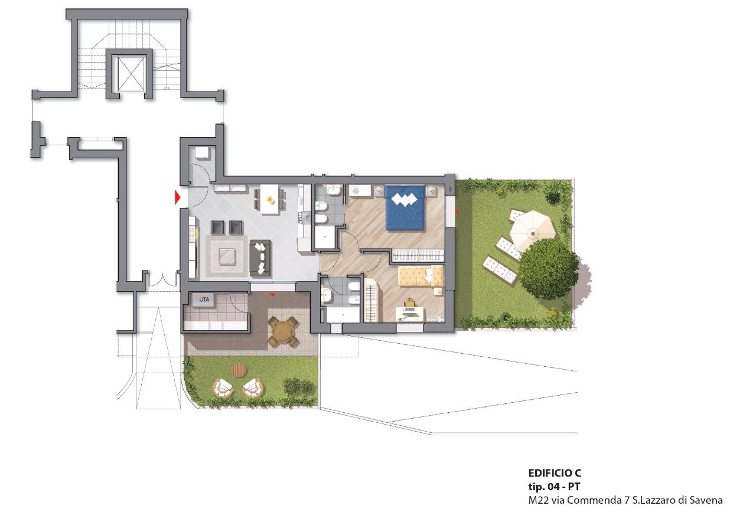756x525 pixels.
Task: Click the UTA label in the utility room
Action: tap(204, 299)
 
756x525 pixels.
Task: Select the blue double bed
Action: tap(405, 208)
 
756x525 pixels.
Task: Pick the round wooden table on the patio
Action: tap(283, 332)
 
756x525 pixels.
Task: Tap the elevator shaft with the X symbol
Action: tap(132, 74)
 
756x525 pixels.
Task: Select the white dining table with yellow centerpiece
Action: tap(270, 199)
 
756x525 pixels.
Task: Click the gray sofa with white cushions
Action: tap(260, 259)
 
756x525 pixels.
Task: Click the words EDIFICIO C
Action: tap(555, 473)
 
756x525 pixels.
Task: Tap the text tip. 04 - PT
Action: tap(554, 487)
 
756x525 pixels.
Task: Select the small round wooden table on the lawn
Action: tap(240, 369)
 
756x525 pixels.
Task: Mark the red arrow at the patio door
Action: tap(273, 295)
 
